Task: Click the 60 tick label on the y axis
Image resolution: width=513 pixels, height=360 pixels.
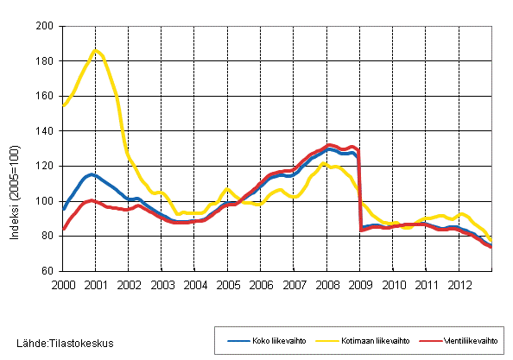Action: [50, 271]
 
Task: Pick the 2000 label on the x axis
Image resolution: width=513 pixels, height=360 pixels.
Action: [62, 284]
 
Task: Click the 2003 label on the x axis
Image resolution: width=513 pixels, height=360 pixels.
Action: [161, 284]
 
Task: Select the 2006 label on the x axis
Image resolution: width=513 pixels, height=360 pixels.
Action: [261, 284]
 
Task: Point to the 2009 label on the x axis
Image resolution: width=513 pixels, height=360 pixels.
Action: [360, 284]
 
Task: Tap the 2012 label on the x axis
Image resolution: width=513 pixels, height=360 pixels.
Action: [459, 284]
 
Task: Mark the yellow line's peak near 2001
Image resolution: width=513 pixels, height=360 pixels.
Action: [95, 50]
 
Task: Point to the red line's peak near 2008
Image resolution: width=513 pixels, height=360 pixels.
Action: [330, 145]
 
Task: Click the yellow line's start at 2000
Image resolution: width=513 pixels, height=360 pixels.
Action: [63, 105]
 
